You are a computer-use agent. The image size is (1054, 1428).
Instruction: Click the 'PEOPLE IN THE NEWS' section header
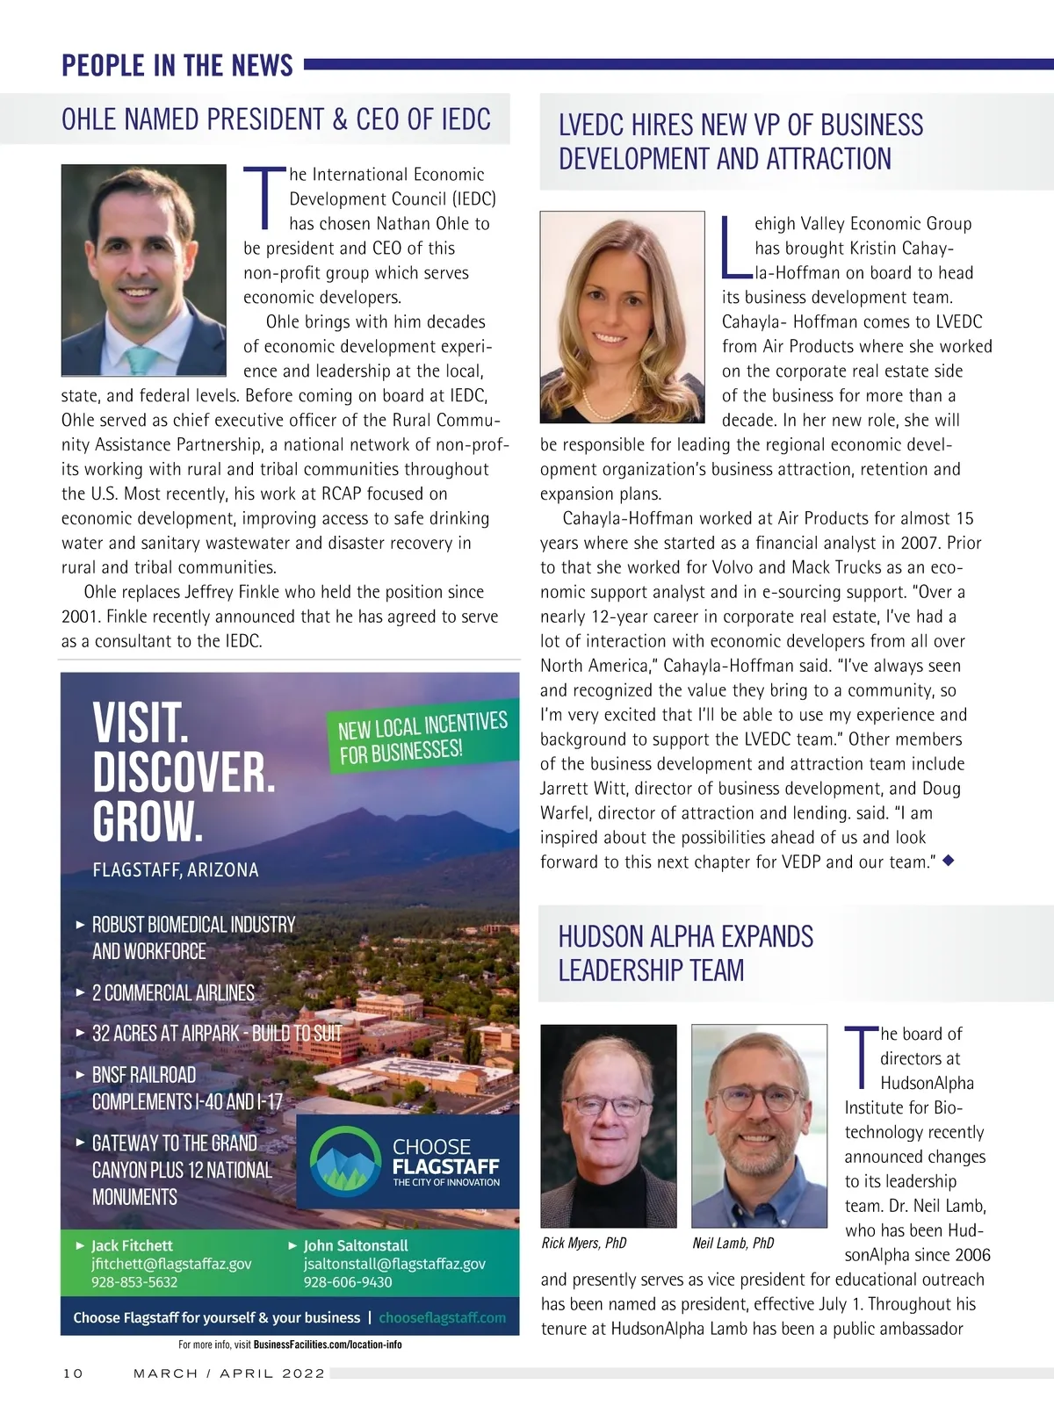(177, 66)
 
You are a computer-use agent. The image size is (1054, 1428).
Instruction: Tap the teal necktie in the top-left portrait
(141, 359)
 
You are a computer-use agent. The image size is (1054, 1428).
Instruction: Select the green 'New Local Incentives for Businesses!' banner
(422, 739)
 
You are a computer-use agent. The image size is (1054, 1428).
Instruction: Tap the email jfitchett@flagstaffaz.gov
(171, 1264)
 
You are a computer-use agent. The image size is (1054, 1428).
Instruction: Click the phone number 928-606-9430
(348, 1282)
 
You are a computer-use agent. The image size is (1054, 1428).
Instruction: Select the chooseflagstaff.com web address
(443, 1317)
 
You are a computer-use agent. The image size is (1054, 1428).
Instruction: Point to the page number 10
(72, 1374)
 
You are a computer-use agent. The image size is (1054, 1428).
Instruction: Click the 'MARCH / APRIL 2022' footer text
(229, 1374)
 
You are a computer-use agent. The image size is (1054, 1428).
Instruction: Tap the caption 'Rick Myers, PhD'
(584, 1243)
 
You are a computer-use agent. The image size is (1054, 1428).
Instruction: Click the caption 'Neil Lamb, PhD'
(733, 1243)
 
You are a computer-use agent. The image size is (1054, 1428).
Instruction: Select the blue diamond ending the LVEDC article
(947, 861)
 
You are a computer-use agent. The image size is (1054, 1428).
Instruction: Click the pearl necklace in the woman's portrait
(622, 403)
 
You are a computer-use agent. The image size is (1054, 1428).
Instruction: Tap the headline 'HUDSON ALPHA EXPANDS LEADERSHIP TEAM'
(686, 954)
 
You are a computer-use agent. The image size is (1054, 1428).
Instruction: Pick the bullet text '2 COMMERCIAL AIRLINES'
(173, 993)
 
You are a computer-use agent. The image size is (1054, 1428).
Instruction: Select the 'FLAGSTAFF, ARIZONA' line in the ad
(176, 870)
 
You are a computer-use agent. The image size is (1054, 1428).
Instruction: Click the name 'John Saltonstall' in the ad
(356, 1245)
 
